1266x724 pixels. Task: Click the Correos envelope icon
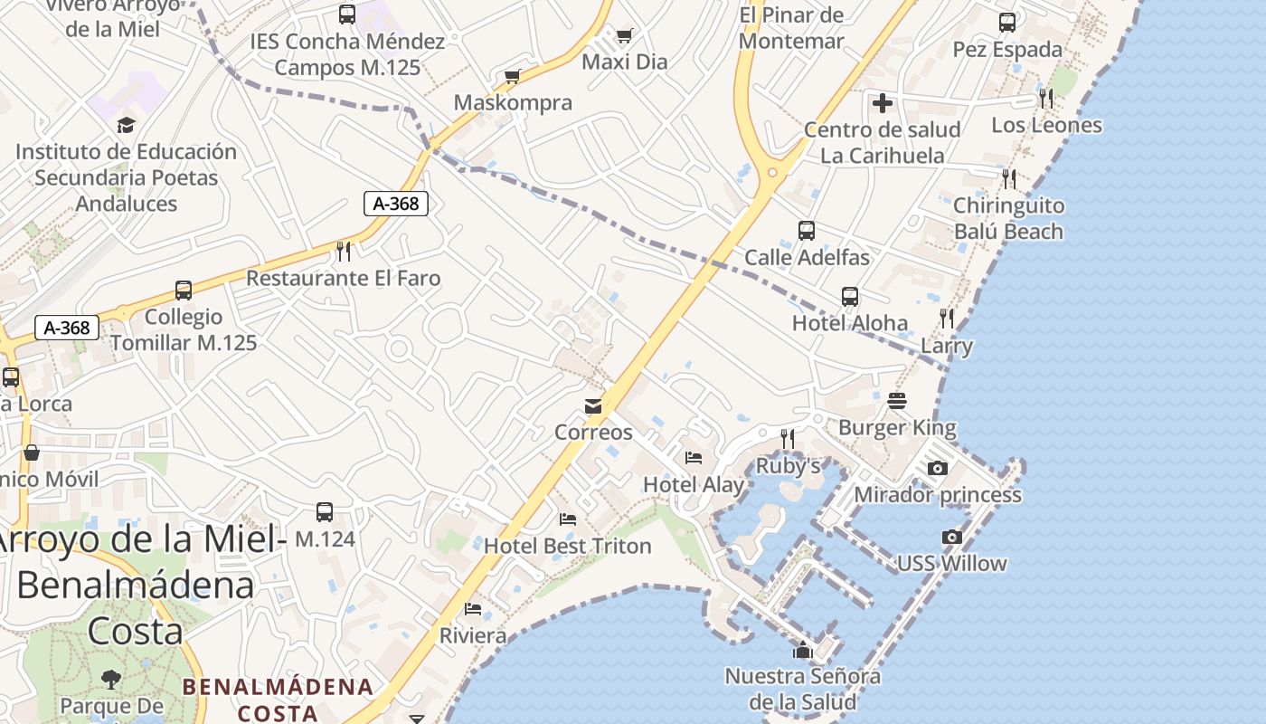point(593,406)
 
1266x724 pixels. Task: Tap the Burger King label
point(897,426)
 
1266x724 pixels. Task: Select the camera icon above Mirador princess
point(938,468)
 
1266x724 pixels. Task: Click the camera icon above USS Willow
point(951,537)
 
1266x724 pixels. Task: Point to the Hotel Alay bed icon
point(694,457)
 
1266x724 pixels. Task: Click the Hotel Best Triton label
point(567,546)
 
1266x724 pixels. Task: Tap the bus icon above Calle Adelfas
point(807,231)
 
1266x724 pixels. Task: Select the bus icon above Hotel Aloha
point(850,296)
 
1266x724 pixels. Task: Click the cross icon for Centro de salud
point(883,103)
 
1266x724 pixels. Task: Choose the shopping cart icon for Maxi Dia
point(624,36)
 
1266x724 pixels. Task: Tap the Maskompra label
point(513,102)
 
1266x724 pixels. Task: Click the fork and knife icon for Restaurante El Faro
point(344,251)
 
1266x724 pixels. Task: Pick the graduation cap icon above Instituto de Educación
point(126,125)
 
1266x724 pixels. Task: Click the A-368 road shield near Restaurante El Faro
point(396,204)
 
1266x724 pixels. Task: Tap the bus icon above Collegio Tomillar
point(184,291)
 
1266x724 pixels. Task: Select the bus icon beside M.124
point(325,512)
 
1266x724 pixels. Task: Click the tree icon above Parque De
point(111,678)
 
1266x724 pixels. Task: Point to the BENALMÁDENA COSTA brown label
point(278,700)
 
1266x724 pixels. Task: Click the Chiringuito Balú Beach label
point(1008,218)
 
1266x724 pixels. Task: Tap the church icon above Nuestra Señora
point(802,650)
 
